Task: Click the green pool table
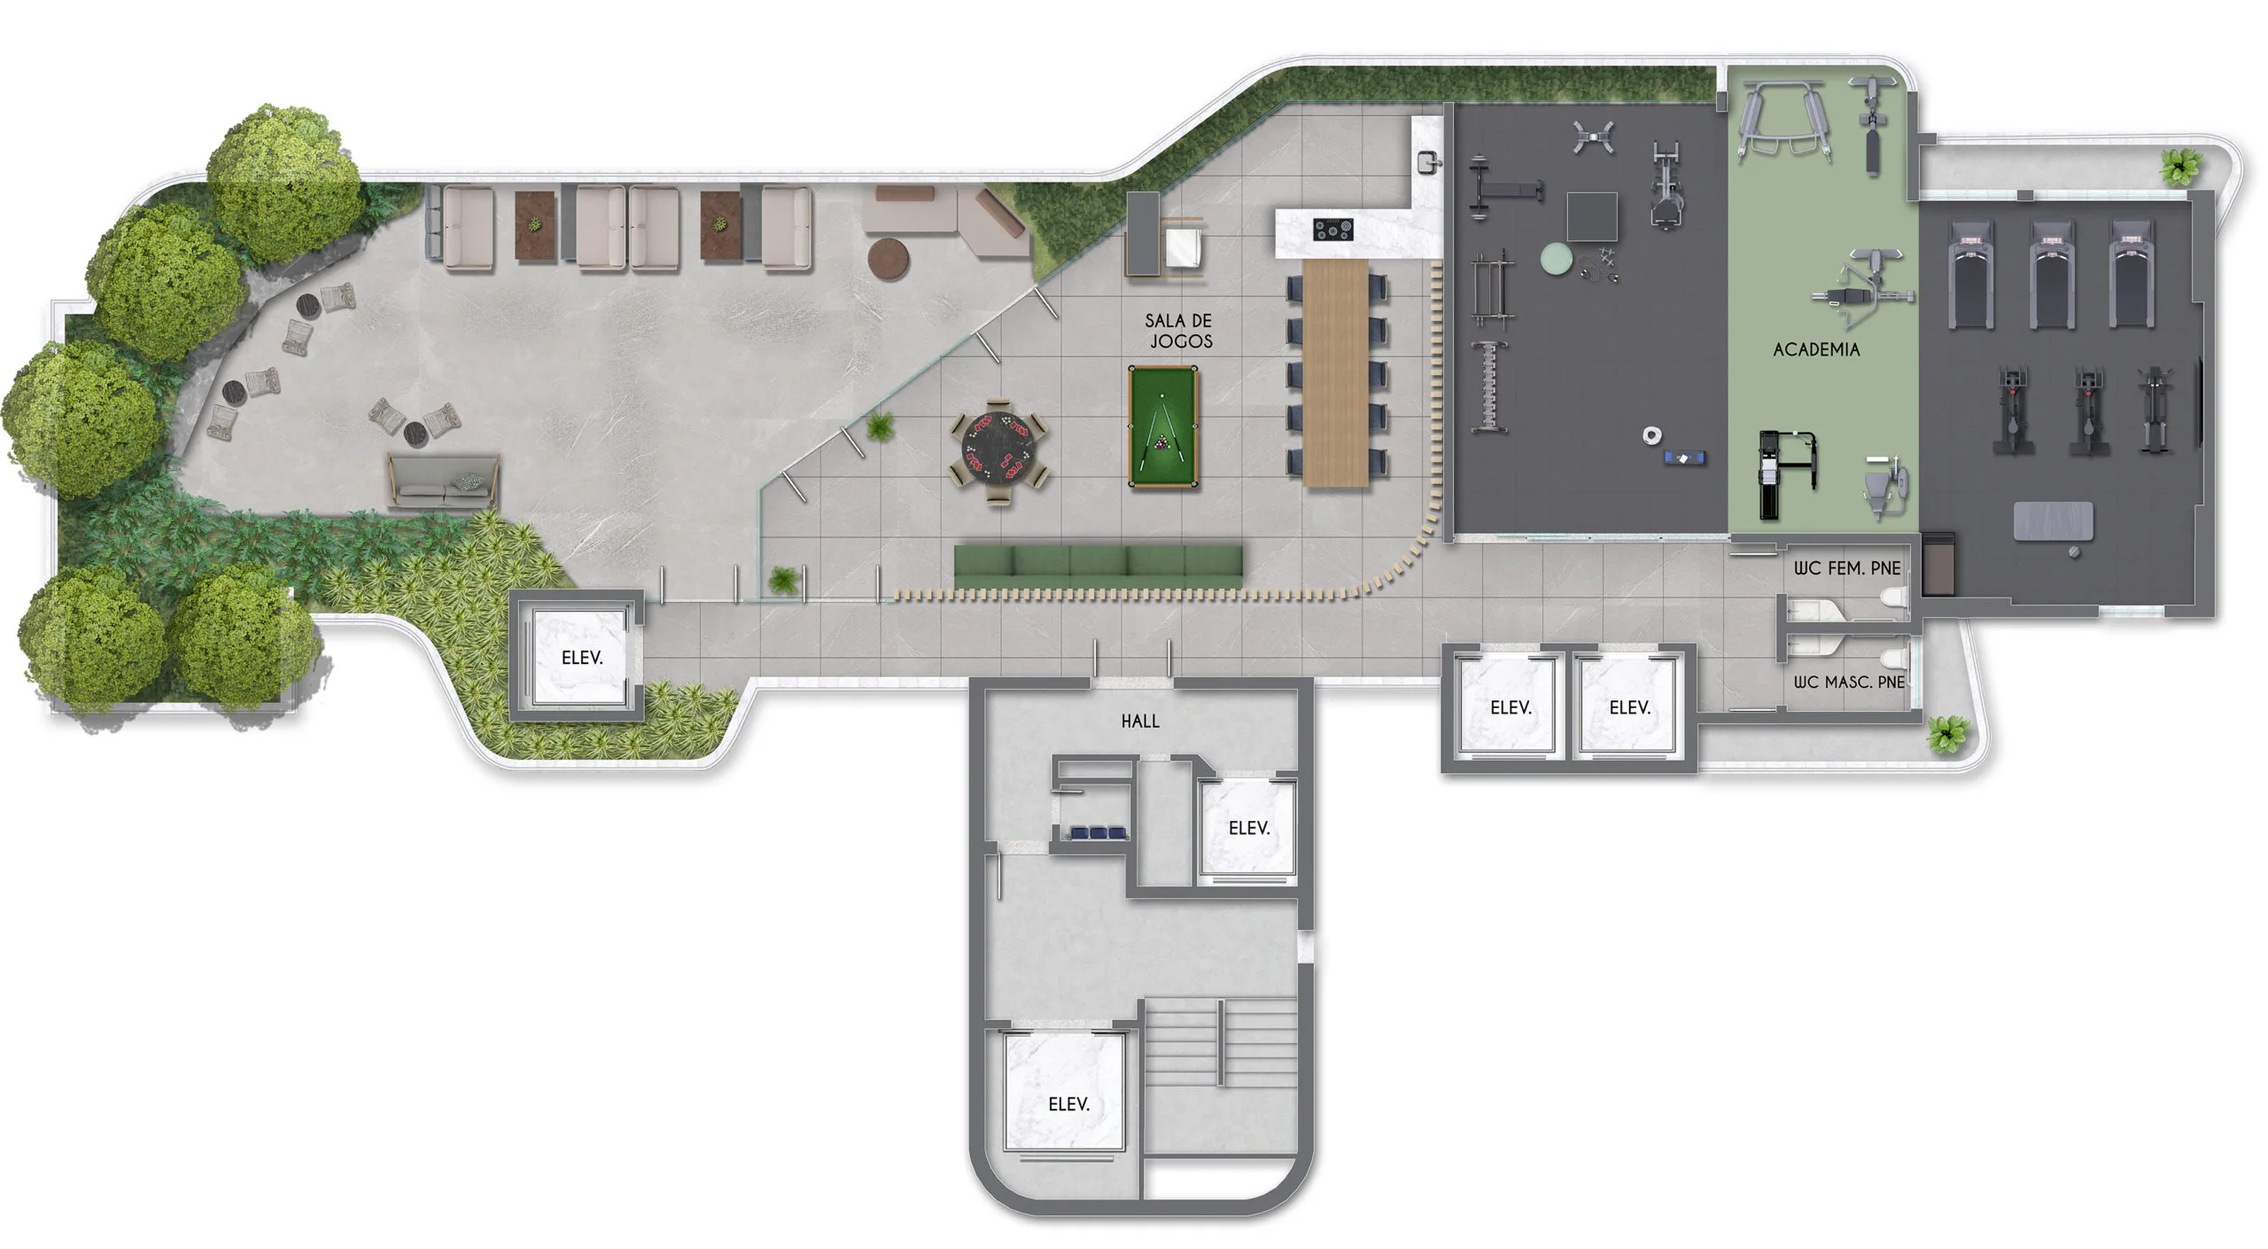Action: click(x=1163, y=426)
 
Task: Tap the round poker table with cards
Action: click(x=999, y=452)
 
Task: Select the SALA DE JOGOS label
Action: click(x=1179, y=331)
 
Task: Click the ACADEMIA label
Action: click(x=1816, y=350)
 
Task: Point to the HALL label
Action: click(x=1140, y=722)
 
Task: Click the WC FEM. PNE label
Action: click(x=1847, y=568)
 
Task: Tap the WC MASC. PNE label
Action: click(x=1849, y=682)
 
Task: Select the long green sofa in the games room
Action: click(x=1099, y=565)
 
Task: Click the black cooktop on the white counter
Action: click(x=1332, y=230)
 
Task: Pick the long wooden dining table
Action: click(x=1336, y=372)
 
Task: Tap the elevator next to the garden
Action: click(x=580, y=657)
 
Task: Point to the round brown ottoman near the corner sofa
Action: click(x=889, y=259)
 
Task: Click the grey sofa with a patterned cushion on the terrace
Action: click(x=443, y=481)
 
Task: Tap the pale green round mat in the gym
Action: click(x=1556, y=259)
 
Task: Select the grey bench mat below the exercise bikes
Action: click(x=2054, y=521)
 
